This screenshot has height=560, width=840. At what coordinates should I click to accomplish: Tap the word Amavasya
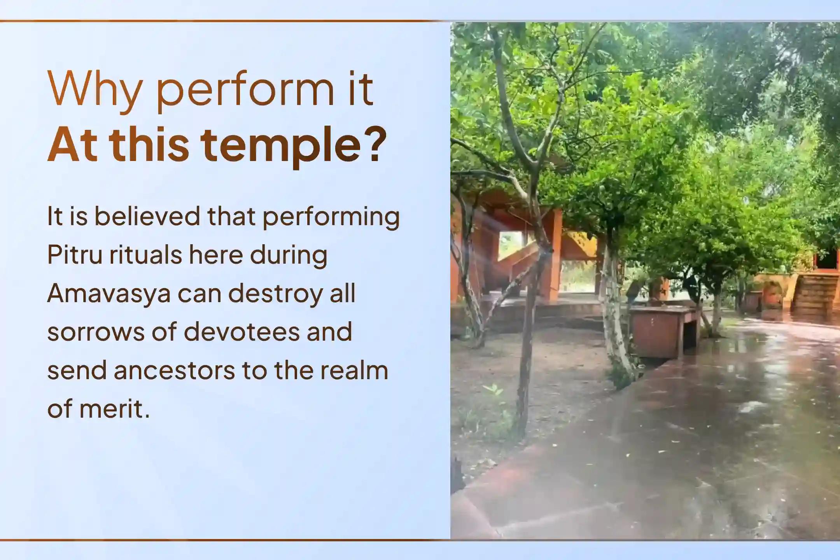[x=109, y=294]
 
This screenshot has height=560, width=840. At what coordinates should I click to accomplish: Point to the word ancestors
[x=174, y=370]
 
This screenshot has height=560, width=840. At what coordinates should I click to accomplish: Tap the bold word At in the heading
[x=72, y=145]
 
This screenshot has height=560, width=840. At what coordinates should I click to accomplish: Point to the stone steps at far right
[x=815, y=296]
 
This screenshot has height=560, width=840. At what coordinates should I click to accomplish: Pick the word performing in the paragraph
[x=331, y=217]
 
